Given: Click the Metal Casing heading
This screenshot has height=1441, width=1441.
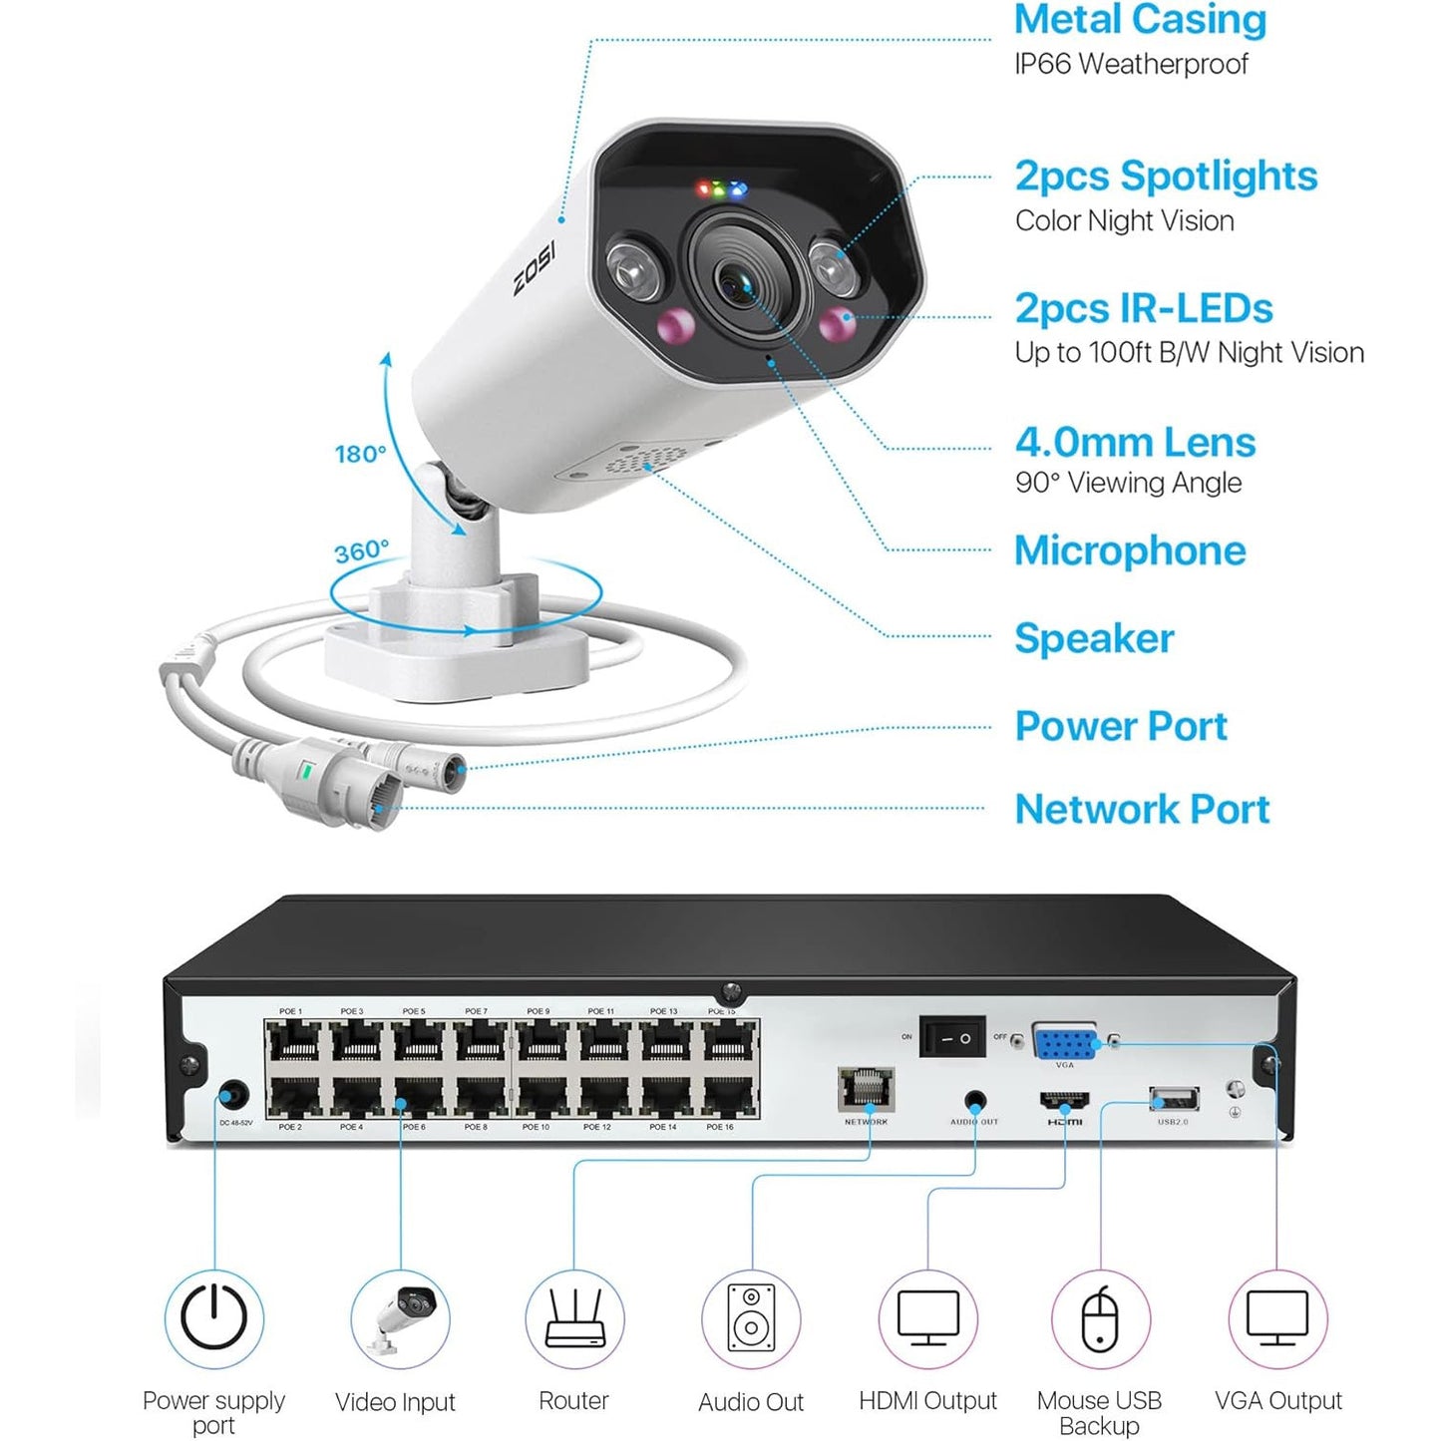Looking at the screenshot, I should coord(1139,20).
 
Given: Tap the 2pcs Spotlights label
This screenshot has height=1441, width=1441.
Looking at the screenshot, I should coord(1165,177).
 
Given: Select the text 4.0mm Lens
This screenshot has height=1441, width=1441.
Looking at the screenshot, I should coord(1135,442).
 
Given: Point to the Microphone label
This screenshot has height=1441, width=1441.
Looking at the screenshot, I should coord(1129,550).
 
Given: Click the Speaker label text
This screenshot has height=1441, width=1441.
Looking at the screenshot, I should coord(1094,638).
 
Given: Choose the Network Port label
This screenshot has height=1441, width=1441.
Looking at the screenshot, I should coord(1142,809).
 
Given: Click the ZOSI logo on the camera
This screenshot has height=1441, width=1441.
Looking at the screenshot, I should coord(535,267).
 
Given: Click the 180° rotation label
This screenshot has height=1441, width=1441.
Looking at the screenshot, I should coord(359,455).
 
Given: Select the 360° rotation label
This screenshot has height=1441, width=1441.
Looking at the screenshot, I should coord(360,550).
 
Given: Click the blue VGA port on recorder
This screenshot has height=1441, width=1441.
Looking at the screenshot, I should coord(1064,1043).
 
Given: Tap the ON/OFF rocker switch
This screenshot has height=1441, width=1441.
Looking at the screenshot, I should coord(951,1038).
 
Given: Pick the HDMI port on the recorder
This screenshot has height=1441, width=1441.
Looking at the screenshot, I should coord(1064,1102).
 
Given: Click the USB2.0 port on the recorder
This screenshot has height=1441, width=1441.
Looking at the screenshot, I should coord(1174,1100).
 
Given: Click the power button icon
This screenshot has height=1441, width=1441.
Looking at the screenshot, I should coord(213,1317).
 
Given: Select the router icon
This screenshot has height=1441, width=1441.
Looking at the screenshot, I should coord(574,1317).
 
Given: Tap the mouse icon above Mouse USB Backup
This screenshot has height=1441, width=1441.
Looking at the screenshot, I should coord(1100,1317).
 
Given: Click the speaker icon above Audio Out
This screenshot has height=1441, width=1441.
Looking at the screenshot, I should coord(750,1317).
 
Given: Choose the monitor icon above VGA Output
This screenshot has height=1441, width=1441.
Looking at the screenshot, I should coord(1277,1317).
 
